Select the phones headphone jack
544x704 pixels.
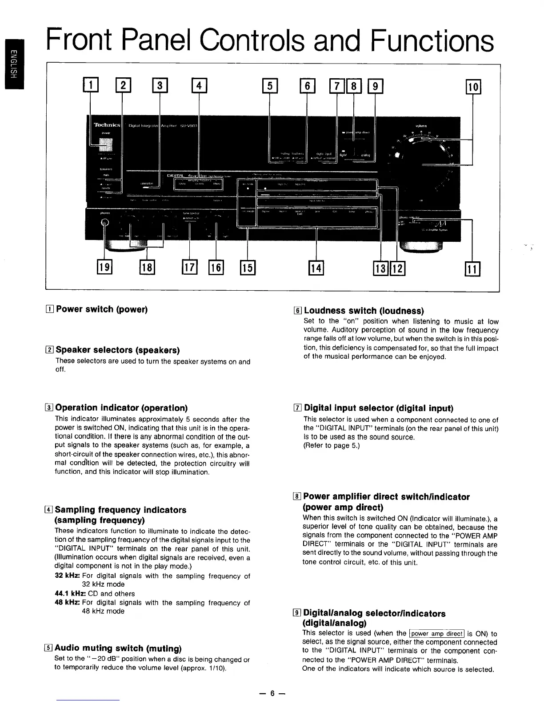(x=105, y=223)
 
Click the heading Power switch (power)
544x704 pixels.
(x=101, y=309)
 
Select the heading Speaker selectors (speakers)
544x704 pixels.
(x=117, y=350)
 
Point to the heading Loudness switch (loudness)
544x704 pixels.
(x=364, y=311)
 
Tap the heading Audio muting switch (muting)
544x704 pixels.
(x=118, y=648)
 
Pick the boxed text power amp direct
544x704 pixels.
(x=436, y=633)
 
